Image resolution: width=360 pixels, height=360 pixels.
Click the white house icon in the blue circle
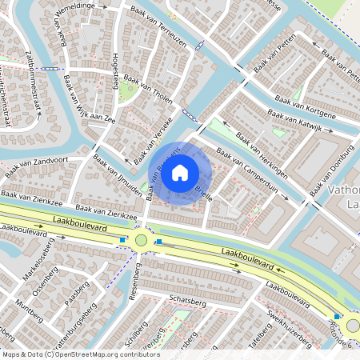coord(180,172)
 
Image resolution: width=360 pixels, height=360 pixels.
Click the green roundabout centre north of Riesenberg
coord(142,240)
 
